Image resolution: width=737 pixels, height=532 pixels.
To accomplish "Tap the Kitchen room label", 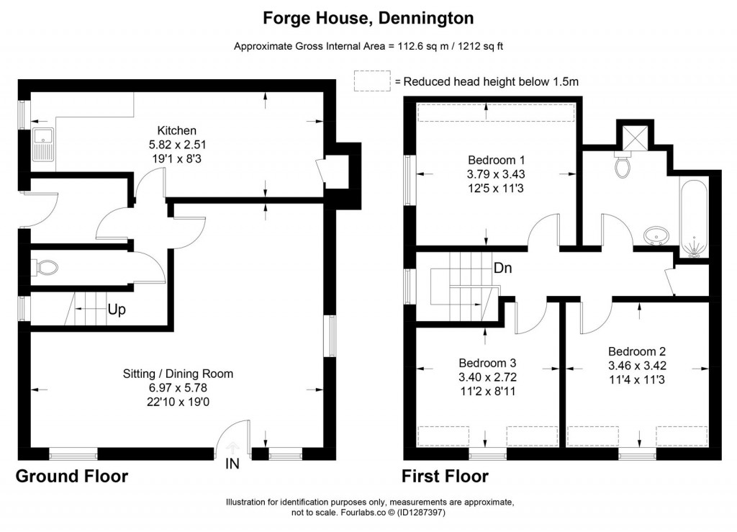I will tap(177, 130).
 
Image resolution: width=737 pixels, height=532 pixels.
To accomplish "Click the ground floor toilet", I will tap(46, 269).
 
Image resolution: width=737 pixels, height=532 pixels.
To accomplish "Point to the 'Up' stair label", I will tap(117, 311).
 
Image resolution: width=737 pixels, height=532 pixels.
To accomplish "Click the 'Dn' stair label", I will tap(502, 267).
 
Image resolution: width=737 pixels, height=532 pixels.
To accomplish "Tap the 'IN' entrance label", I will tap(232, 464).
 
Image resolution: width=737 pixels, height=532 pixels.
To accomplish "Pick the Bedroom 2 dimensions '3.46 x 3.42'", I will tap(637, 365).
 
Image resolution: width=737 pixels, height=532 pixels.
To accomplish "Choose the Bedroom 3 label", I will tap(488, 362).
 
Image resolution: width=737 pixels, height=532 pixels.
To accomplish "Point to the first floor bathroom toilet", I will tap(624, 166).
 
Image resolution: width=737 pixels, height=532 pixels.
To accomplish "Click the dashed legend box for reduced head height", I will tap(372, 81).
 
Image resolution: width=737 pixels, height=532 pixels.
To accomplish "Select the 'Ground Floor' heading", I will tap(72, 476).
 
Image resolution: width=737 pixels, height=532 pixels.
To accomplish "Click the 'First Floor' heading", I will tap(445, 476).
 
